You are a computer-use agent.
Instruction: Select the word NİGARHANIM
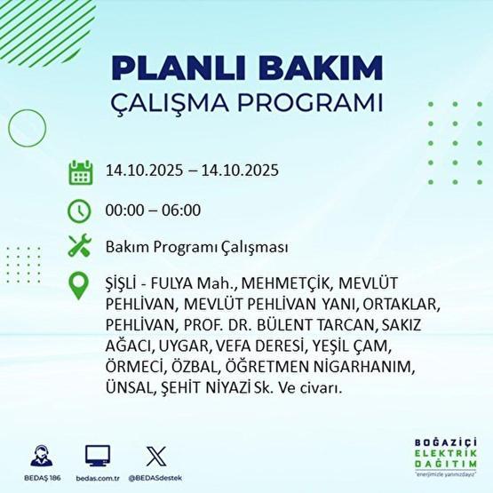click(x=364, y=366)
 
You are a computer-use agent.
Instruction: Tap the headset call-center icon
click(x=39, y=455)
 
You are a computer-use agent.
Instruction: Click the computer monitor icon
click(x=98, y=455)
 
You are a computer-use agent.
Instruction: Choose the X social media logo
click(x=155, y=455)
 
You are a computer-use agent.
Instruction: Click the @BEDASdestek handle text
click(x=155, y=476)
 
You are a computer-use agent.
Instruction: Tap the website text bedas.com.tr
click(x=98, y=476)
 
